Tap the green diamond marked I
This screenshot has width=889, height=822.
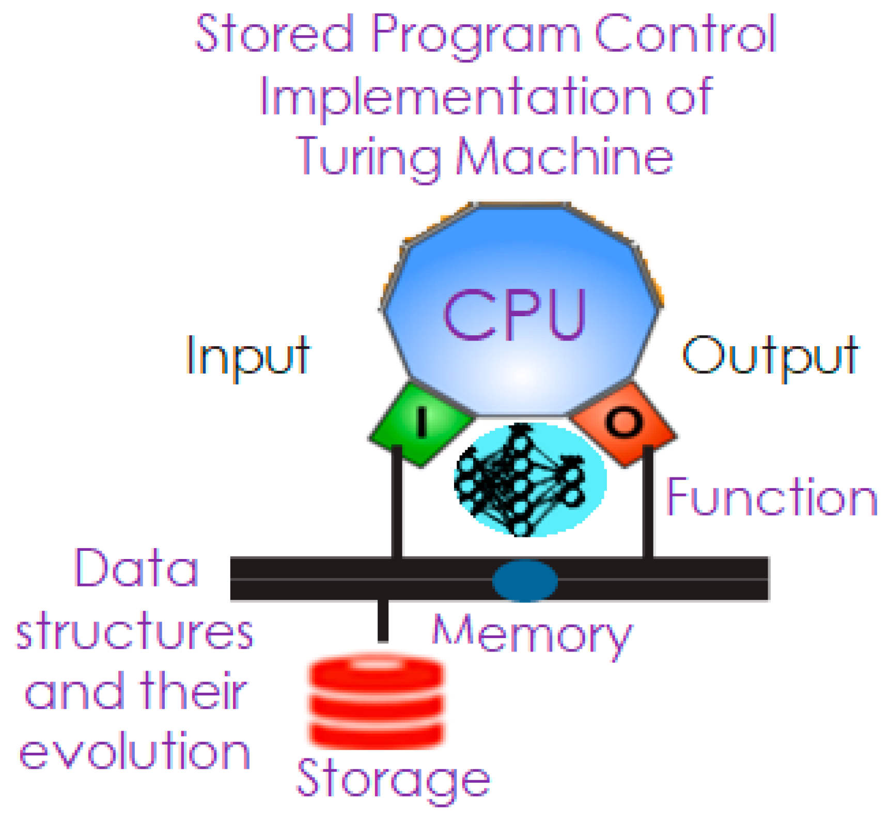click(x=421, y=424)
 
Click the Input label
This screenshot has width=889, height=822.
click(x=248, y=356)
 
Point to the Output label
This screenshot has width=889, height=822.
click(x=770, y=356)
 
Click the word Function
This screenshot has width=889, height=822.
click(x=772, y=497)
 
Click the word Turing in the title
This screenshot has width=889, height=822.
click(x=369, y=155)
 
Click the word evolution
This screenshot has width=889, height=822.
click(x=134, y=752)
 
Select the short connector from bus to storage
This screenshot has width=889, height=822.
click(x=383, y=620)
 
